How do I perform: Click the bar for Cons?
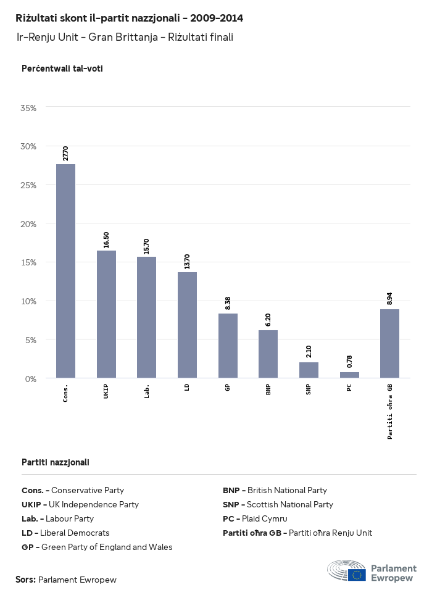tap(65, 271)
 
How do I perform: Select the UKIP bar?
tap(106, 314)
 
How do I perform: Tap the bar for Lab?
tap(146, 317)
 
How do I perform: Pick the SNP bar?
tap(309, 370)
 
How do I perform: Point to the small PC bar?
tap(349, 375)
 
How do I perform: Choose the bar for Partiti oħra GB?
tap(389, 343)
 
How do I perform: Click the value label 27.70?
tap(65, 154)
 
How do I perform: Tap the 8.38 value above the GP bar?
tap(228, 303)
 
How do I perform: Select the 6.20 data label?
tap(268, 320)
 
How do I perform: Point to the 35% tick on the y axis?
tap(29, 107)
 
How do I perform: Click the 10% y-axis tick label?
tap(29, 301)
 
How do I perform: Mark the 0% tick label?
tap(31, 378)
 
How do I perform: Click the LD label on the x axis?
tap(187, 389)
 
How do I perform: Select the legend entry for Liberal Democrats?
tap(65, 533)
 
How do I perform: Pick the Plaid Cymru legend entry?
tap(255, 518)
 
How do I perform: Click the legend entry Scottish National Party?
tap(278, 504)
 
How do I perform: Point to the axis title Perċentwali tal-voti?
tap(62, 69)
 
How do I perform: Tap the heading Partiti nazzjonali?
tap(56, 462)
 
